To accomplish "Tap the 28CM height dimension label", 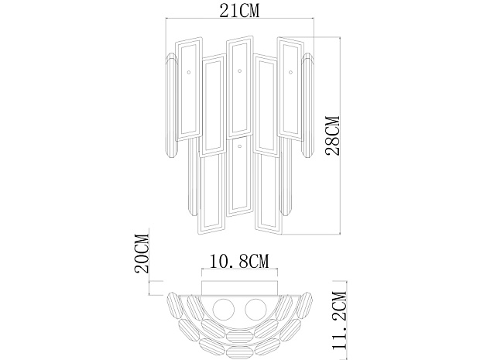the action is tap(333, 135).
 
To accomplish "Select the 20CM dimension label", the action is tap(142, 253).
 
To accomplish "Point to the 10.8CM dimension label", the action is tap(239, 261).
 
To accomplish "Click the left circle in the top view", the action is tap(224, 310).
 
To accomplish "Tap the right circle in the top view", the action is tap(255, 310).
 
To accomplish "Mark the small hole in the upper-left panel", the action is tap(189, 72).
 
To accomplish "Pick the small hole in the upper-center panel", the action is tap(240, 70).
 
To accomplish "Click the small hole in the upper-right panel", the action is tap(290, 72).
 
